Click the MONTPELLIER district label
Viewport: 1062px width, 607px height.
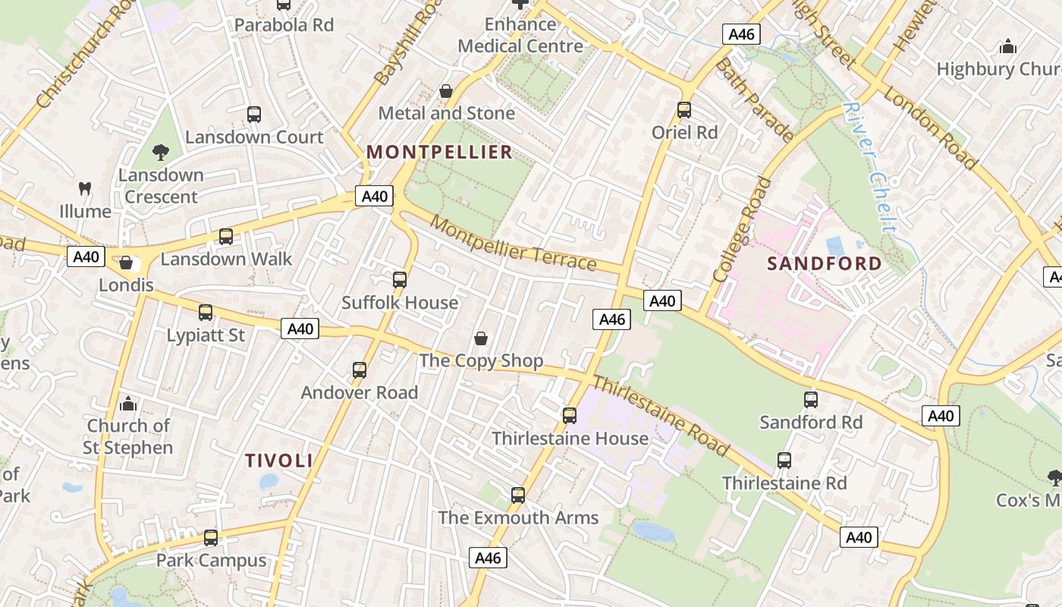point(440,153)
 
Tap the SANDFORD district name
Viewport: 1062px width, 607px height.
point(825,264)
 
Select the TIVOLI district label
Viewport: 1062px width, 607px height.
point(279,461)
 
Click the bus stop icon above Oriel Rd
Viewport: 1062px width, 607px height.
point(684,110)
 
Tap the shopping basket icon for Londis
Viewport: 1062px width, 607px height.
point(126,263)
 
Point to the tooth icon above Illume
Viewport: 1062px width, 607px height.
point(85,188)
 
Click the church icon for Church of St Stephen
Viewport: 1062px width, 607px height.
point(128,403)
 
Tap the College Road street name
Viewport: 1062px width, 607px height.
point(743,230)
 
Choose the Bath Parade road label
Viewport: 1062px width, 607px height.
point(754,100)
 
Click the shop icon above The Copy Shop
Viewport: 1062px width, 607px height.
point(480,338)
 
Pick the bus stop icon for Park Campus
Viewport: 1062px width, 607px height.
point(211,538)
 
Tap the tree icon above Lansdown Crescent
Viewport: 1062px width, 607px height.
point(160,153)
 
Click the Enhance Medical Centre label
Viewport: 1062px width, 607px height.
point(521,35)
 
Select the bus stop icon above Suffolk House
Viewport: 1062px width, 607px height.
point(400,280)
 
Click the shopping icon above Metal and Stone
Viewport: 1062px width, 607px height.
point(446,91)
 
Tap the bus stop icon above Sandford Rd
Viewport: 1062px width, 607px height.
point(811,400)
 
